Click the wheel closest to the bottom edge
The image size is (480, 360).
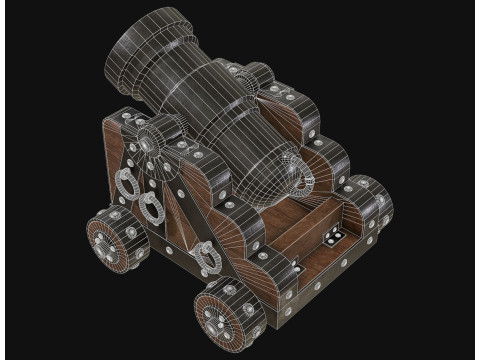(x=226, y=313)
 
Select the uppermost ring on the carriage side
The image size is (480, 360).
(x=127, y=183)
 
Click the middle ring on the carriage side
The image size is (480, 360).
(x=152, y=207)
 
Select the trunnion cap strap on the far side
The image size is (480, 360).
(x=252, y=76)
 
